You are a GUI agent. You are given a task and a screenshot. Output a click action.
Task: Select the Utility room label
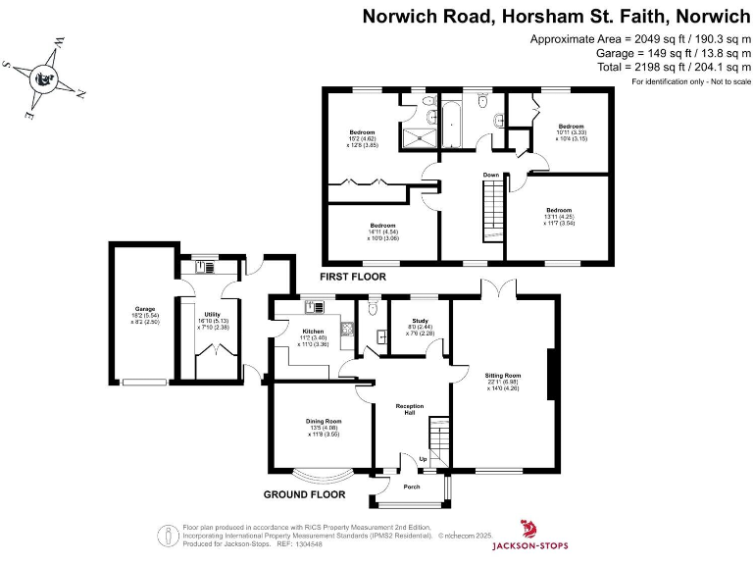212,315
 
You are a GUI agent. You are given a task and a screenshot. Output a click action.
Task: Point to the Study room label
420,320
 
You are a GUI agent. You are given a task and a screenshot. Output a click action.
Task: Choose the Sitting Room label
503,375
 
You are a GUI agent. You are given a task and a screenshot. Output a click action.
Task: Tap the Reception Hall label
409,409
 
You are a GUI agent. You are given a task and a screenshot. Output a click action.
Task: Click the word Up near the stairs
423,458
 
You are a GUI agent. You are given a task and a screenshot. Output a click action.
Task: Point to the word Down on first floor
491,176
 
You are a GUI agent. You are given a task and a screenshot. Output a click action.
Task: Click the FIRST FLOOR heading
353,278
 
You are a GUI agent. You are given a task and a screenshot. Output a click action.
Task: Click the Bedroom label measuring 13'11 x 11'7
559,210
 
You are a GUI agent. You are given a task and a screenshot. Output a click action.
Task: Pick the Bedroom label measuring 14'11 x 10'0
382,225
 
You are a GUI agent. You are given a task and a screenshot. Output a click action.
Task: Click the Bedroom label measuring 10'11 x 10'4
571,126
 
